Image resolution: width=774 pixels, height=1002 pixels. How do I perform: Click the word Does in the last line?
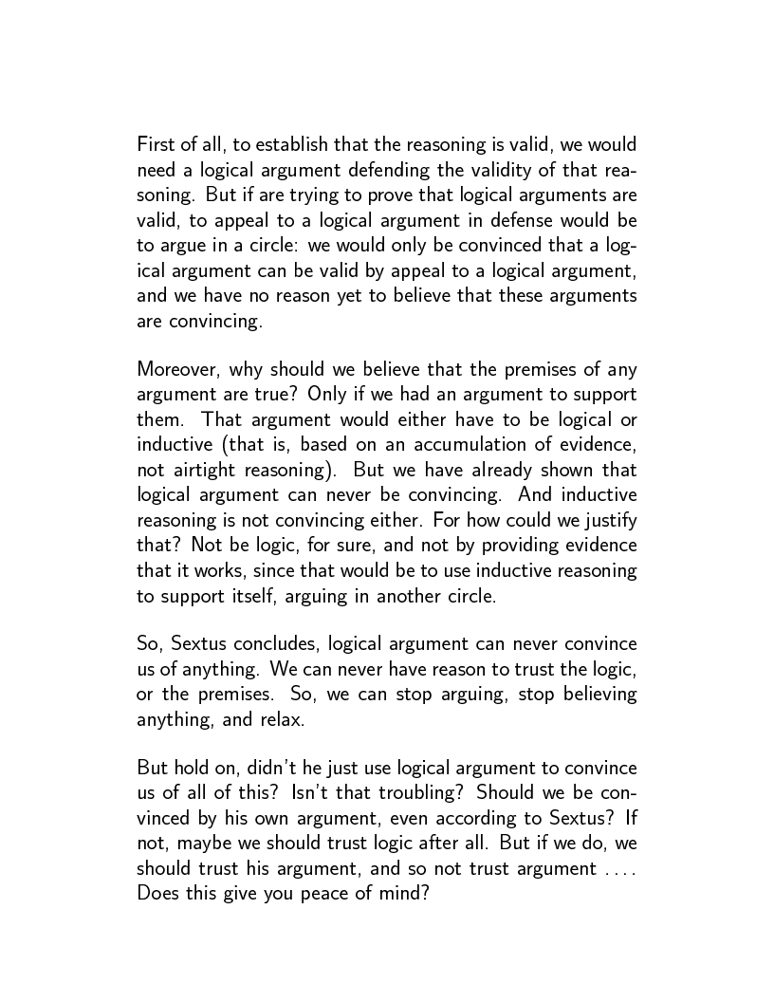pyautogui.click(x=157, y=893)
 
